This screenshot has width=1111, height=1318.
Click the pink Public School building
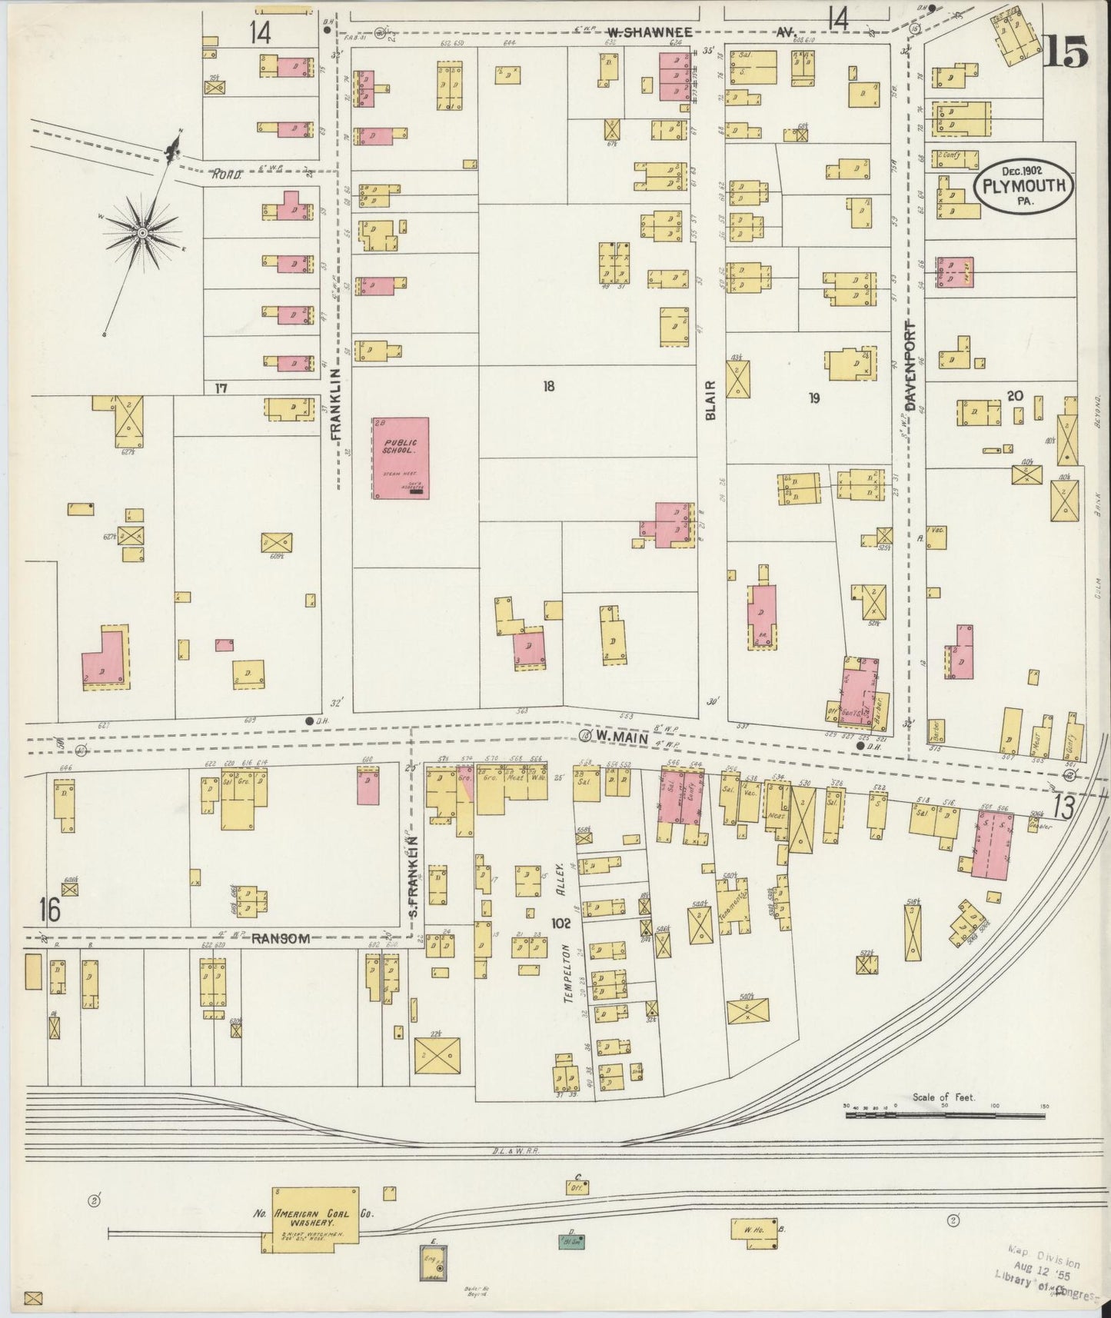401,458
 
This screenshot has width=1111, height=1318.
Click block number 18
547,386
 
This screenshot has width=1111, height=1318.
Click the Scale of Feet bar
944,1113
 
